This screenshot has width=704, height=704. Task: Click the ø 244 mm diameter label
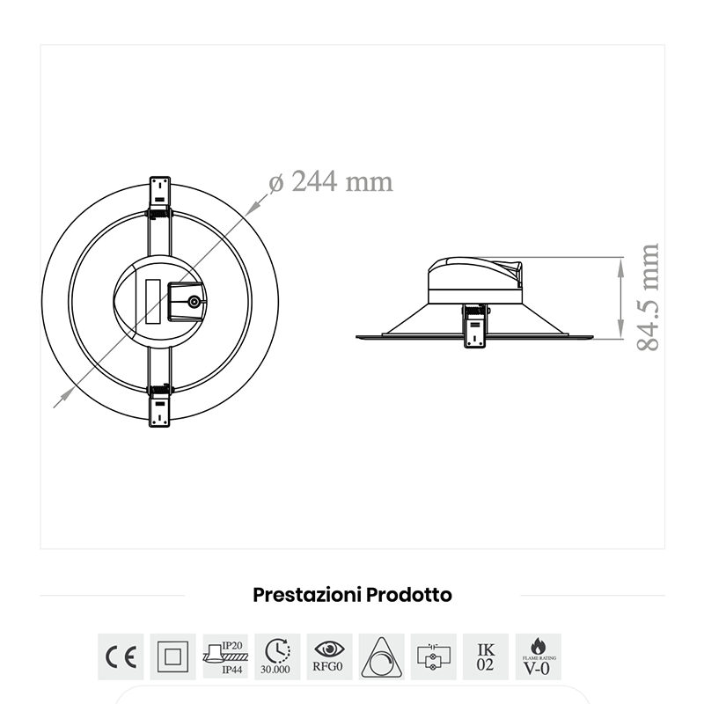[x=330, y=181]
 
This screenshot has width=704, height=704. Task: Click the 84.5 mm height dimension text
[x=648, y=297]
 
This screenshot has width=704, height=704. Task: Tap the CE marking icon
[x=120, y=656]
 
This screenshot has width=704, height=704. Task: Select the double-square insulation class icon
[x=172, y=656]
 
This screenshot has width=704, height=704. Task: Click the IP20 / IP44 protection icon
[x=225, y=656]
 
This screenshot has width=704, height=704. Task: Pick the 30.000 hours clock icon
[x=277, y=656]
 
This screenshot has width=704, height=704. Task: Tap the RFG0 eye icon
[x=330, y=656]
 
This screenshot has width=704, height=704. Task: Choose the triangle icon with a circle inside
[x=382, y=656]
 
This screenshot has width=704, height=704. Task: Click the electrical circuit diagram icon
[x=434, y=656]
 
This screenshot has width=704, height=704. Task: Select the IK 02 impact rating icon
[x=486, y=656]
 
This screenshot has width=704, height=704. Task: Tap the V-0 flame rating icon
[x=538, y=656]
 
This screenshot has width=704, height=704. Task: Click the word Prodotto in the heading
[x=409, y=595]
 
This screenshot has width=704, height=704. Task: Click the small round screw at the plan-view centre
[x=194, y=301]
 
